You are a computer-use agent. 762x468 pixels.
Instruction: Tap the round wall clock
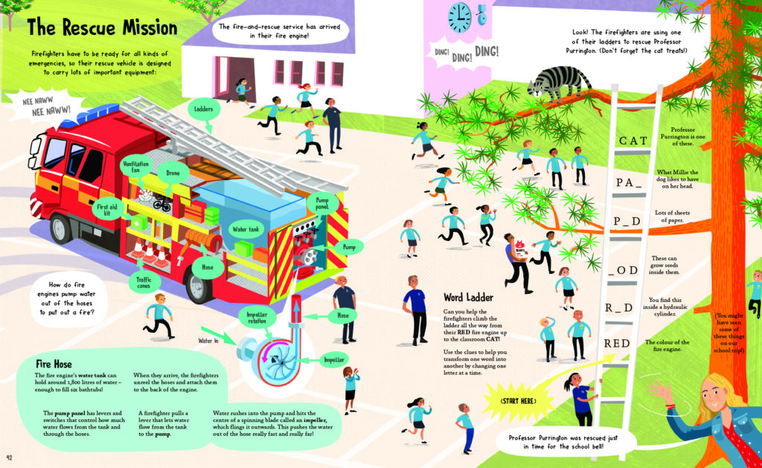(459, 18)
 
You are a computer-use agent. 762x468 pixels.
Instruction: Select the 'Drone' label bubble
(173, 173)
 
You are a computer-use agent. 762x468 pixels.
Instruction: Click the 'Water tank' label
(246, 229)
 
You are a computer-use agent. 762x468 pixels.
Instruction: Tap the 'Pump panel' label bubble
(322, 203)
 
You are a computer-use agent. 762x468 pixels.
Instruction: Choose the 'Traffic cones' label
(144, 282)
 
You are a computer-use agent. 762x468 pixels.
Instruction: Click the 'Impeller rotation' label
(257, 318)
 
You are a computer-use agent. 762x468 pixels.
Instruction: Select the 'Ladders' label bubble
(204, 109)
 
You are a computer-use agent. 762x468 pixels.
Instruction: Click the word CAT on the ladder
(633, 141)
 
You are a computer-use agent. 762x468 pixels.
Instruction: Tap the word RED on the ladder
(617, 344)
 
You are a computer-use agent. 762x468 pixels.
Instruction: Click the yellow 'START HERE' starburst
(518, 402)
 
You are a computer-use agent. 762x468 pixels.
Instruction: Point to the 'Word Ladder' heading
(468, 298)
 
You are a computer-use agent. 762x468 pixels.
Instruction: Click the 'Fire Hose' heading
(54, 364)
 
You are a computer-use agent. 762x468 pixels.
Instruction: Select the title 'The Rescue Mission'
(102, 28)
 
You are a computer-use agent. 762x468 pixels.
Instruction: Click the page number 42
(9, 458)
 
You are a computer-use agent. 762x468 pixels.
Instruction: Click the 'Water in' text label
(208, 342)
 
